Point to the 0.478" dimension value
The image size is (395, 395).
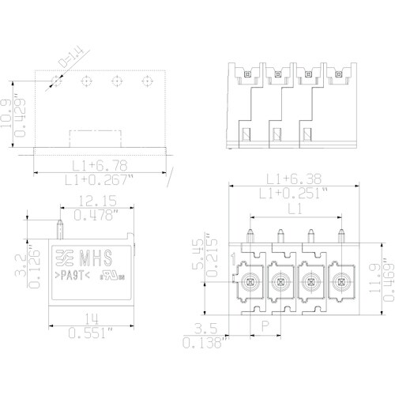click(93, 214)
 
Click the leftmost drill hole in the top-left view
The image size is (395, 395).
click(57, 81)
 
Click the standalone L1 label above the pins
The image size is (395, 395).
click(294, 208)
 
